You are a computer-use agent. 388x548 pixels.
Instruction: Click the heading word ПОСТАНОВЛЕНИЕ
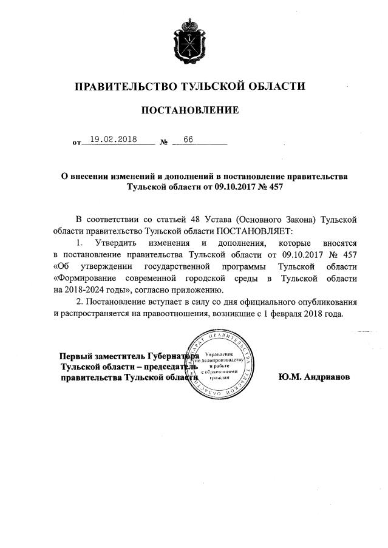[x=190, y=110]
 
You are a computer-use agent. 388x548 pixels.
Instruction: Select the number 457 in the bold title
[x=274, y=188]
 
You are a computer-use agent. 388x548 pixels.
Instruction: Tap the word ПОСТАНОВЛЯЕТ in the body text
[x=254, y=231]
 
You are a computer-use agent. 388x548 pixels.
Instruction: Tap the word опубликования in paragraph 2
[x=321, y=302]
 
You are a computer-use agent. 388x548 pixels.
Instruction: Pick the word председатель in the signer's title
[x=166, y=367]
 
